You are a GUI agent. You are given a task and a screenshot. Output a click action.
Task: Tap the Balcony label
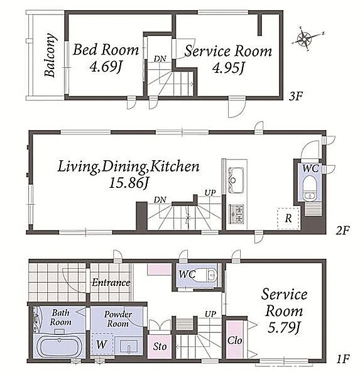coord(50,55)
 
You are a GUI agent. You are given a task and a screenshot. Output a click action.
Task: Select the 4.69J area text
coord(106,67)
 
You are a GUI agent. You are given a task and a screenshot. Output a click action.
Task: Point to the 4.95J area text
coord(229,67)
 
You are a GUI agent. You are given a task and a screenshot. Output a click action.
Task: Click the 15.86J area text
coord(129,183)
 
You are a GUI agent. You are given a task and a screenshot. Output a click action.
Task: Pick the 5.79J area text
coord(284,327)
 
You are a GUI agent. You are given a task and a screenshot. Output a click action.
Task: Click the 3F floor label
coord(295,96)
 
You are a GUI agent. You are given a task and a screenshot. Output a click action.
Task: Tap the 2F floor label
coord(342,231)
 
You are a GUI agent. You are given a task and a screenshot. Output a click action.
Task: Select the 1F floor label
coord(342,359)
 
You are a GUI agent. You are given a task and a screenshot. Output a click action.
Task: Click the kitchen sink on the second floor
coord(236,180)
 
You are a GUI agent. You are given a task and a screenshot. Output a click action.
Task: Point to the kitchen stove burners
coord(236,214)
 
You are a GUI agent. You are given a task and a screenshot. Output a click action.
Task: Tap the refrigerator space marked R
coord(288,218)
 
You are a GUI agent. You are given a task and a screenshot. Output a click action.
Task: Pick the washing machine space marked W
coord(102,344)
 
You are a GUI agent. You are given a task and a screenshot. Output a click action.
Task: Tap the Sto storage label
coord(160,346)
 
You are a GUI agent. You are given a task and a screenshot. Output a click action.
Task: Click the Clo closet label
coord(234,340)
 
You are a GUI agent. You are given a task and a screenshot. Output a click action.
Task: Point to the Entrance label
coord(111,282)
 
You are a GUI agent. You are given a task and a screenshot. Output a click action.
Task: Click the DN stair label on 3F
coord(160,58)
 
